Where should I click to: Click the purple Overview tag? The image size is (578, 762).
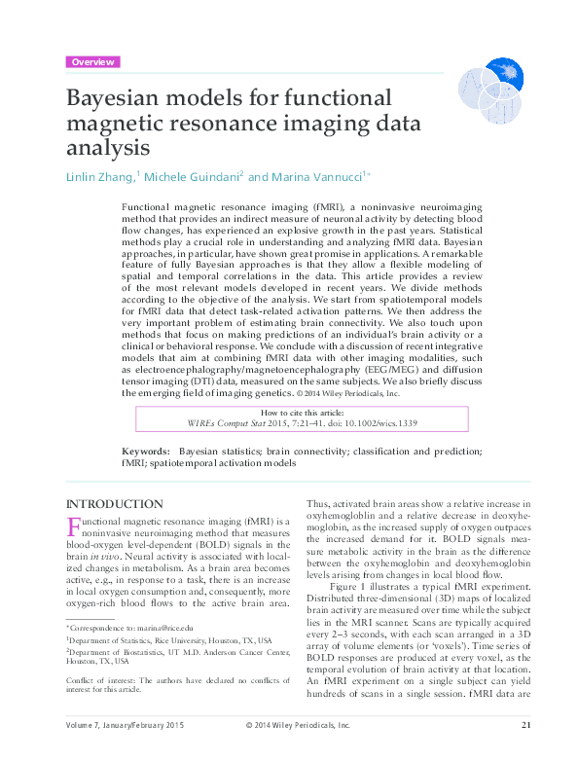click(92, 61)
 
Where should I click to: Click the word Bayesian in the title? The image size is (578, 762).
click(124, 99)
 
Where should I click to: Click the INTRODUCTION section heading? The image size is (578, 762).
click(113, 503)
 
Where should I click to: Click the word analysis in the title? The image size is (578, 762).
click(108, 150)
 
